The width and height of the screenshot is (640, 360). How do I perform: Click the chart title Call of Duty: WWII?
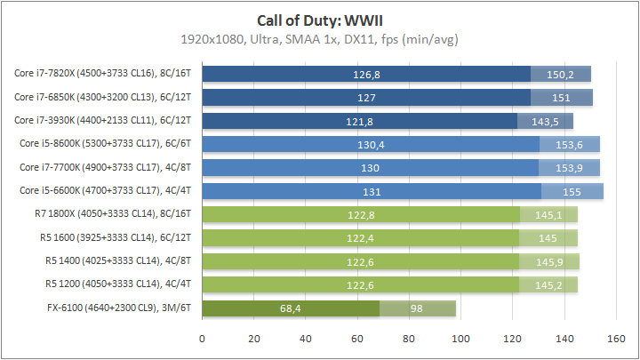320,20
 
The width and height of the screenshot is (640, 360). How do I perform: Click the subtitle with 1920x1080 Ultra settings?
320,40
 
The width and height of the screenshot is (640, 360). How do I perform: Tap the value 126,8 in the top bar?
366,74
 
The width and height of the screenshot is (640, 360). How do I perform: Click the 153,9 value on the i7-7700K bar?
569,167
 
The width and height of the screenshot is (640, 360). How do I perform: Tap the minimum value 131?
372,191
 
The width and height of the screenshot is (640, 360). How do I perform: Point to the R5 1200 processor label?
121,284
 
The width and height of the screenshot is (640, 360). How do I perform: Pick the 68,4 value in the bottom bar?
292,308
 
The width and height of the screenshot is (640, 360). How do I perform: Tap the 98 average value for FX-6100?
418,308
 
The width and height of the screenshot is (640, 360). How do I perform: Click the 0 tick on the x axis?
203,338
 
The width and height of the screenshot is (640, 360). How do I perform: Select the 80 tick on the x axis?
409,338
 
